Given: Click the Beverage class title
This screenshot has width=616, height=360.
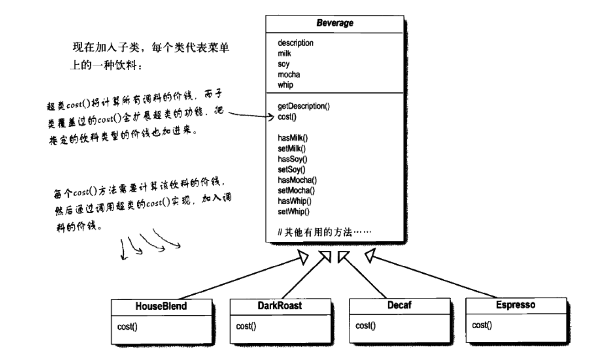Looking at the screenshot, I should tap(334, 23).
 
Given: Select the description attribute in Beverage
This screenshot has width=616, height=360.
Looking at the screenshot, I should tap(295, 43).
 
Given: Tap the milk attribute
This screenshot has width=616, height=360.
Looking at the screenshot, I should tap(284, 53).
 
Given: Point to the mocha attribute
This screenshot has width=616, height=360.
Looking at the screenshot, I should tap(289, 74).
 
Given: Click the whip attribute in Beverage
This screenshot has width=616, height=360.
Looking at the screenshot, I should tap(285, 85).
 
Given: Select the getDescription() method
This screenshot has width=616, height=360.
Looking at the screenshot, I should tap(303, 106).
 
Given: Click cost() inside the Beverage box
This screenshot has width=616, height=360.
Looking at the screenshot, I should tap(287, 117).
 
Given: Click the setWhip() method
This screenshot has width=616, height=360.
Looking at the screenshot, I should tap(293, 212).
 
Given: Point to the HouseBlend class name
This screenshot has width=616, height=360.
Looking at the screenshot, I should tap(161, 306).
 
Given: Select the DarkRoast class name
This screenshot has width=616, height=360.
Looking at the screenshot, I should tap(279, 306).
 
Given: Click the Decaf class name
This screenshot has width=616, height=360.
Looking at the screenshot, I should tap(399, 305).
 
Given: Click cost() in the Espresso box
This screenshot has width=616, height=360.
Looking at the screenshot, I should tap(482, 325).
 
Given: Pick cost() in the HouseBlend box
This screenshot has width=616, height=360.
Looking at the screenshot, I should tap(127, 327).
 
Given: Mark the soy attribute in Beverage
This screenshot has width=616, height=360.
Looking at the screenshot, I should tap(284, 64).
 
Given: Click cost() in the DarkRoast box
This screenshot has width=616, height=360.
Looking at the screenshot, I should tap(246, 326).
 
